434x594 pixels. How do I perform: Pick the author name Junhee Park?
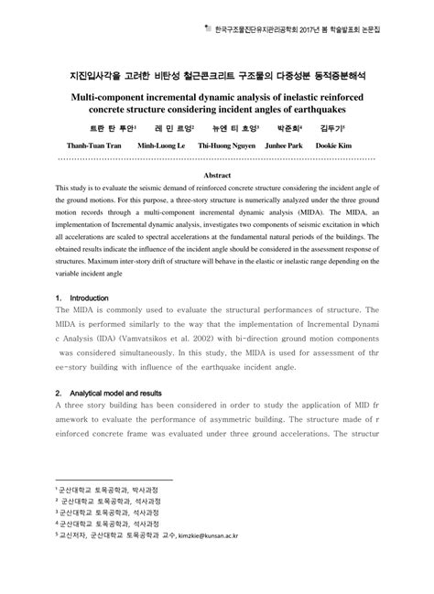pyautogui.click(x=302, y=146)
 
